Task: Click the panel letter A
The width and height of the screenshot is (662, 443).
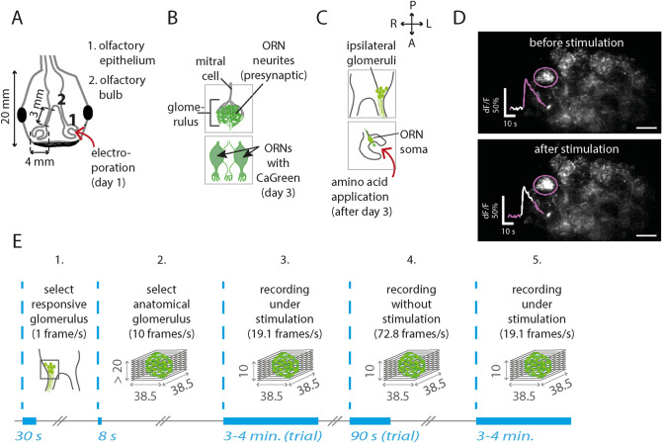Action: [x=10, y=13]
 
